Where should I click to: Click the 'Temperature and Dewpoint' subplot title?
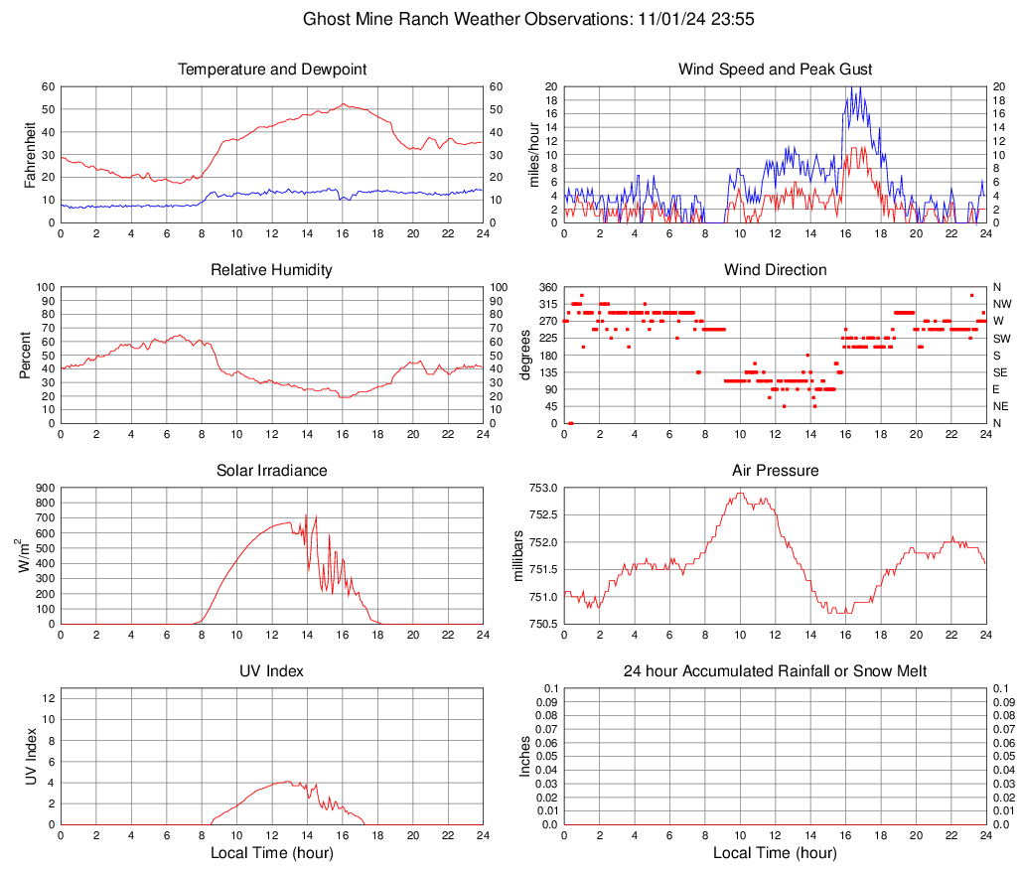click(272, 70)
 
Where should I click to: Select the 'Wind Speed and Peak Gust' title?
click(775, 70)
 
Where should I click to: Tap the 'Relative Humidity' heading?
click(272, 270)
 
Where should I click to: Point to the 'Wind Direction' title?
click(775, 270)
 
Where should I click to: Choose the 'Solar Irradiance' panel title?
click(272, 471)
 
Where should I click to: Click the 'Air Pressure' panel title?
click(775, 471)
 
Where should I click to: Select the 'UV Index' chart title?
click(272, 671)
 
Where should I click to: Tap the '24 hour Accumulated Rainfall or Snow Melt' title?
click(775, 671)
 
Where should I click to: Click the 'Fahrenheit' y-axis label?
click(29, 154)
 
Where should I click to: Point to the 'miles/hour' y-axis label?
click(533, 154)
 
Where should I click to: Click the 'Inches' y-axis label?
click(525, 756)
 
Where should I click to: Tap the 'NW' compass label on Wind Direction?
click(1002, 304)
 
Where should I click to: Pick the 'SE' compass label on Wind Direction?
click(1001, 372)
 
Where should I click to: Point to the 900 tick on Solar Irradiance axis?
click(45, 488)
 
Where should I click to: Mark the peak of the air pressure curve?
click(740, 493)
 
